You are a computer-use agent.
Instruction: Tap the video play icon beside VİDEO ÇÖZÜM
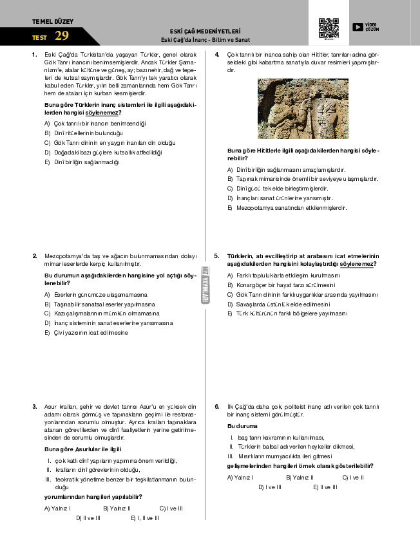(x=358, y=27)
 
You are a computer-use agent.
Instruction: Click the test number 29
(x=62, y=36)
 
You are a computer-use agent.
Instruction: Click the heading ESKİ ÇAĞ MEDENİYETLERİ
(x=204, y=31)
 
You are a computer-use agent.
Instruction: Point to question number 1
(x=34, y=55)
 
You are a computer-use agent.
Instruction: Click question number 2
(x=34, y=256)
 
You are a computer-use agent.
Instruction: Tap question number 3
(x=34, y=407)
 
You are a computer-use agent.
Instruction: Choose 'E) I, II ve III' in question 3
(x=145, y=518)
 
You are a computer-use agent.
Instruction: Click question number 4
(x=217, y=55)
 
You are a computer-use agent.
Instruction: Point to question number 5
(x=217, y=256)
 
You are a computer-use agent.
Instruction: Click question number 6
(x=217, y=407)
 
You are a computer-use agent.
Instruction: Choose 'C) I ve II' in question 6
(x=352, y=478)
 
